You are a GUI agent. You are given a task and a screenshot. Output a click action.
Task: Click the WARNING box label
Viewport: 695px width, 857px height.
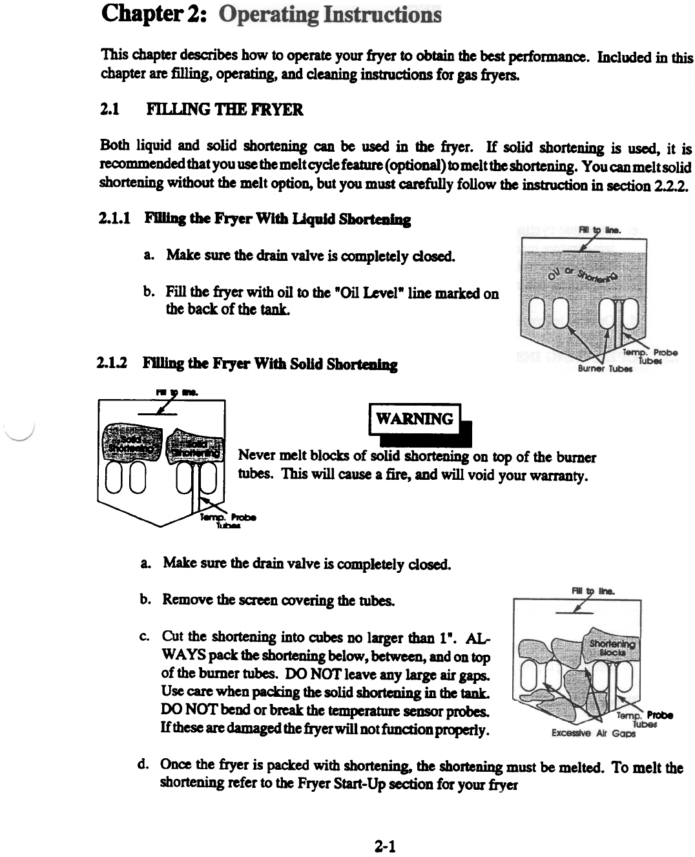[x=414, y=419]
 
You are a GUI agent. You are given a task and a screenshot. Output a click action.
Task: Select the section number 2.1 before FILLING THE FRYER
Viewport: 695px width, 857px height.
[x=110, y=110]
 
